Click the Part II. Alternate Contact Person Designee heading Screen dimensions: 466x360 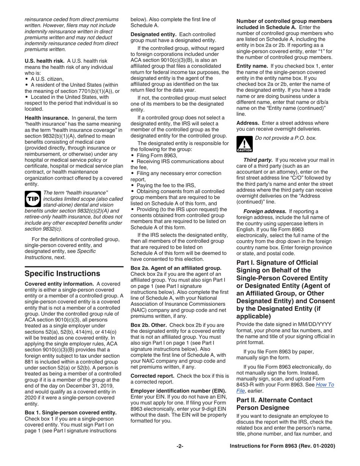(x=274, y=404)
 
